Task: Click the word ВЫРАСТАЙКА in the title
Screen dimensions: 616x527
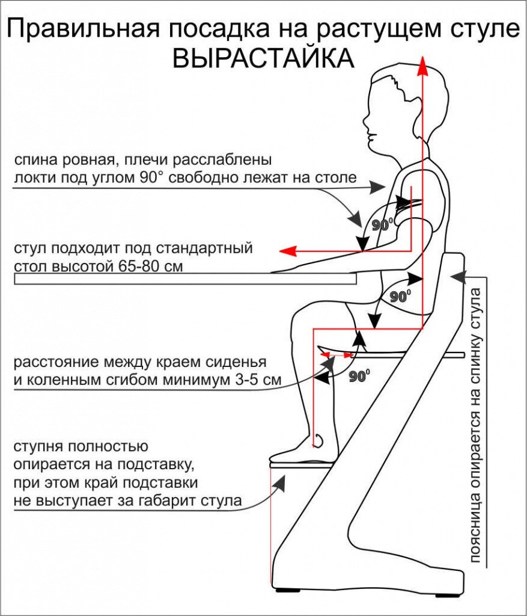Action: tap(263, 59)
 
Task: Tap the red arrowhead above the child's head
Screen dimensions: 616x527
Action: tap(423, 65)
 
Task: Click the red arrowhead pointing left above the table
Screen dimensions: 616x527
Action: tap(290, 251)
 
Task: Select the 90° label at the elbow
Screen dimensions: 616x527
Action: tap(382, 226)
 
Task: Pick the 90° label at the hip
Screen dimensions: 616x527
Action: tap(400, 297)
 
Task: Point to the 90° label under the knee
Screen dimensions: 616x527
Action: tap(359, 377)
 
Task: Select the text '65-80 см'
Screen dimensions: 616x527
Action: tap(156, 266)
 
